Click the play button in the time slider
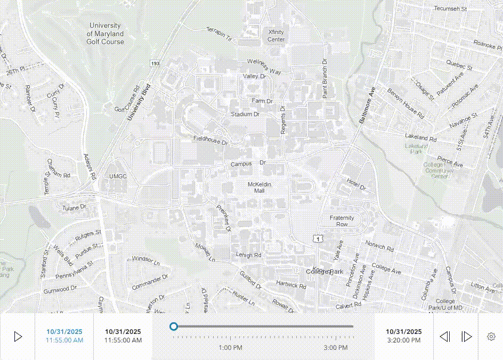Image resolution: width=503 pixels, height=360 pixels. coord(18,337)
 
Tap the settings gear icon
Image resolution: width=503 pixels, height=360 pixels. coord(491,337)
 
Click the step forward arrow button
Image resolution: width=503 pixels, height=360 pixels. coord(467,337)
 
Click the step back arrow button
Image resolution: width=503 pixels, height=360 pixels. coord(444,337)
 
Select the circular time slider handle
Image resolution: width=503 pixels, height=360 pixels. coord(173,326)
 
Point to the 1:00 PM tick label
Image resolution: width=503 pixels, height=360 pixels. coord(230,348)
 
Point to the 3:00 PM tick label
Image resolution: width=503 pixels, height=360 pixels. coord(336,348)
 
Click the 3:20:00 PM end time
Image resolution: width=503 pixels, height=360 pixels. coord(404,340)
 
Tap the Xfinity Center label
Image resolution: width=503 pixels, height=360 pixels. coord(276,36)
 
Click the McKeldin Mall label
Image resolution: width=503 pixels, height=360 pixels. coord(259,187)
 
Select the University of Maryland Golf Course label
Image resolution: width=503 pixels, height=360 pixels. coord(105,34)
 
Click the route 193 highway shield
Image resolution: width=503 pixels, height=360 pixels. coord(155,63)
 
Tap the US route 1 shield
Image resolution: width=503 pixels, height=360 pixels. coord(318,240)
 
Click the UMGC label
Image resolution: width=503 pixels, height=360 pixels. coord(118,176)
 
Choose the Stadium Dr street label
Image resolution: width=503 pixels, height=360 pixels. coord(245,114)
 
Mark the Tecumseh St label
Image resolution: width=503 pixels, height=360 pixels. coord(450,9)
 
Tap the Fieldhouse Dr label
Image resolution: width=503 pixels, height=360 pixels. coord(210,141)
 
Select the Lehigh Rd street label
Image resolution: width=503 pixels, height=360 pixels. coord(248,256)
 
